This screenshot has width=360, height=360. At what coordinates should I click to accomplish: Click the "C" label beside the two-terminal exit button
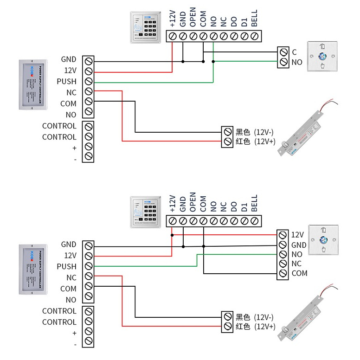pyautogui.click(x=294, y=51)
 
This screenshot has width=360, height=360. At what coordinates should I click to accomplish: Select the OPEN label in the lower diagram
pyautogui.click(x=193, y=202)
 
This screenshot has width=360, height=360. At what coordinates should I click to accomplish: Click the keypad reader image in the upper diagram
pyautogui.click(x=147, y=27)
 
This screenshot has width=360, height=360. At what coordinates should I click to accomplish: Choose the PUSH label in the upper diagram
pyautogui.click(x=67, y=82)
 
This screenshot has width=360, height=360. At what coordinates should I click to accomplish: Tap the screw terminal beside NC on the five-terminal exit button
pyautogui.click(x=283, y=264)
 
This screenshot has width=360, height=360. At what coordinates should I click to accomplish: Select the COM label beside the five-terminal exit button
pyautogui.click(x=300, y=273)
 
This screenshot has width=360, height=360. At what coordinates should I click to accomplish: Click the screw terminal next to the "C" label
pyautogui.click(x=283, y=52)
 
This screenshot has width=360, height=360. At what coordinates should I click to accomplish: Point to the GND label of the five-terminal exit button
pyautogui.click(x=299, y=244)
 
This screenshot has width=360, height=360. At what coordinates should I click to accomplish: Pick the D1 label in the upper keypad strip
pyautogui.click(x=244, y=21)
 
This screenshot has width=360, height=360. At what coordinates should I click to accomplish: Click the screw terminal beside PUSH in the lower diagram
pyautogui.click(x=88, y=267)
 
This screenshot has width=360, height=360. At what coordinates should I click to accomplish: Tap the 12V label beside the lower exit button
pyautogui.click(x=297, y=235)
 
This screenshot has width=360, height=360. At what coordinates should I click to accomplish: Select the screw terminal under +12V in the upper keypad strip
pyautogui.click(x=173, y=36)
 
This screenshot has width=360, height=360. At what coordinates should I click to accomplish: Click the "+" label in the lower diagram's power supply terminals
pyautogui.click(x=74, y=333)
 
